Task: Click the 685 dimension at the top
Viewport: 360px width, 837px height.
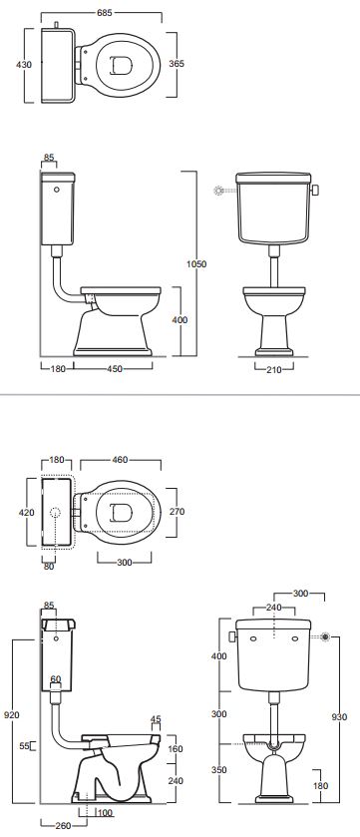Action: tap(106, 13)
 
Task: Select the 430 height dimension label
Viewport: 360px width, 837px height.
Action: tap(24, 65)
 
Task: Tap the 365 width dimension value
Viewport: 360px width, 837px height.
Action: tap(177, 64)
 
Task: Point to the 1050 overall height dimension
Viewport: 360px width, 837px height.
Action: tap(196, 263)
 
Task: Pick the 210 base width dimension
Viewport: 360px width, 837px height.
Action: tap(274, 368)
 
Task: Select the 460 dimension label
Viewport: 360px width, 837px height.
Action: tap(121, 459)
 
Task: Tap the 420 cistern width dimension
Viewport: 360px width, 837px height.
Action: tap(27, 513)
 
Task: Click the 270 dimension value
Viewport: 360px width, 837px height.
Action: tap(177, 512)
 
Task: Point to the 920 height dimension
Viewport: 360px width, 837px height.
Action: tap(12, 714)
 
